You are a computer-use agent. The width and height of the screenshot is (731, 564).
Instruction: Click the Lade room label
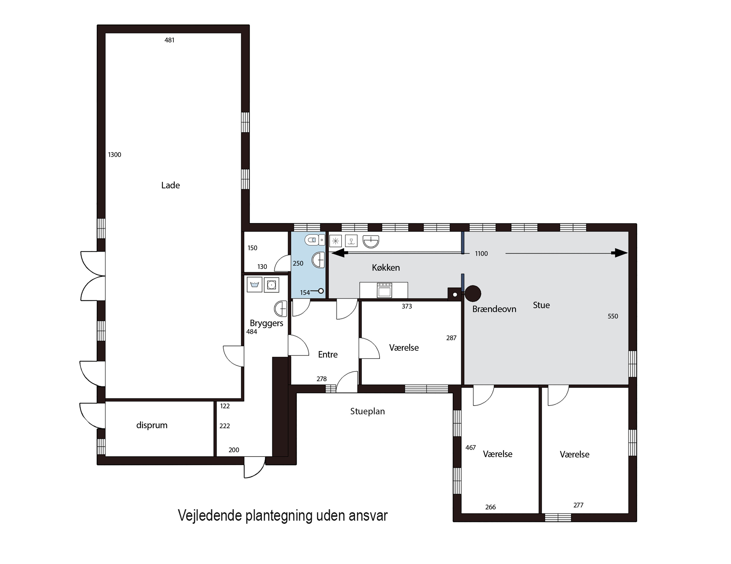(170, 185)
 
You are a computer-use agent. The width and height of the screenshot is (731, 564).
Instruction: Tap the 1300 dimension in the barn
(115, 155)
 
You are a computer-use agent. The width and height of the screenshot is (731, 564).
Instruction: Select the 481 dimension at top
(169, 40)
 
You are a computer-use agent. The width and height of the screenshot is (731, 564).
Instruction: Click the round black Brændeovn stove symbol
(473, 294)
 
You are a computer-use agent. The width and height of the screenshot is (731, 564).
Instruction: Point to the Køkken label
(385, 267)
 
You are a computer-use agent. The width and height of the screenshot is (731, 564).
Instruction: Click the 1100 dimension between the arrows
(481, 254)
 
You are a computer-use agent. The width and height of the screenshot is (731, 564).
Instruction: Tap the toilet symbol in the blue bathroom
(314, 240)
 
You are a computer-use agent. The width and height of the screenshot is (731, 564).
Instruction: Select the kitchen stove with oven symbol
(384, 290)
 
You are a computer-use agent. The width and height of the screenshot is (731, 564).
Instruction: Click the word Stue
(541, 305)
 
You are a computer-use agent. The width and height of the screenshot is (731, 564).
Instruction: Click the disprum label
(152, 425)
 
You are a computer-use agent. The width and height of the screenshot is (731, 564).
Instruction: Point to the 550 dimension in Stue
(613, 316)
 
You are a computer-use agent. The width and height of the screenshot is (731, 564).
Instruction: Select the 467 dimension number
(470, 447)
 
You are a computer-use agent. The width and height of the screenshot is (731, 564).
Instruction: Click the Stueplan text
(367, 411)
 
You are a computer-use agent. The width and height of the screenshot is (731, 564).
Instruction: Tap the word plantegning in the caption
(279, 516)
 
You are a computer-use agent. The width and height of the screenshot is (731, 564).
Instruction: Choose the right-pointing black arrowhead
(621, 253)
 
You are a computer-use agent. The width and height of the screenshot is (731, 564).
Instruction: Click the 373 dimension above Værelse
(407, 306)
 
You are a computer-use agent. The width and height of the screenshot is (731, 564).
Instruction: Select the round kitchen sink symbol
(371, 241)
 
